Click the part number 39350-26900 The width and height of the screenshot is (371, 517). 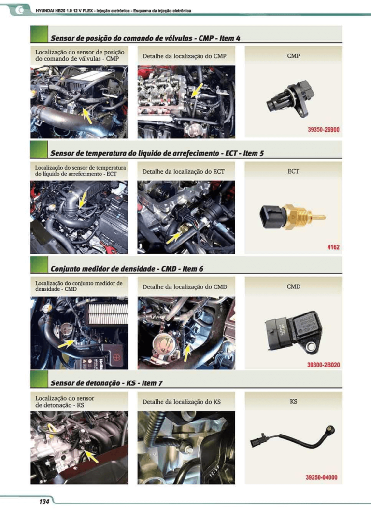tap(324, 130)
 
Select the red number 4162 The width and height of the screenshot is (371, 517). tap(333, 247)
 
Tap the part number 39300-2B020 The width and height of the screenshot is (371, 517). tap(324, 365)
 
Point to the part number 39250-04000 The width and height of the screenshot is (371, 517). tap(321, 477)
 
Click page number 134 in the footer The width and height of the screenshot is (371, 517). tap(44, 502)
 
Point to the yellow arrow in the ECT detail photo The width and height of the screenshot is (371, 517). tap(174, 238)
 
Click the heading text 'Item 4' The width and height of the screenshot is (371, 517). tap(230, 38)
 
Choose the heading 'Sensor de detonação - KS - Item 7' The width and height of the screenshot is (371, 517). tap(106, 383)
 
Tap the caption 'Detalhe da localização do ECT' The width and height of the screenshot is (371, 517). tap(184, 172)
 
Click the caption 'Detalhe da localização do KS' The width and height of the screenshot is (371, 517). tap(181, 402)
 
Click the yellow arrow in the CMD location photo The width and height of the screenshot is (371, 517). tap(66, 344)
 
